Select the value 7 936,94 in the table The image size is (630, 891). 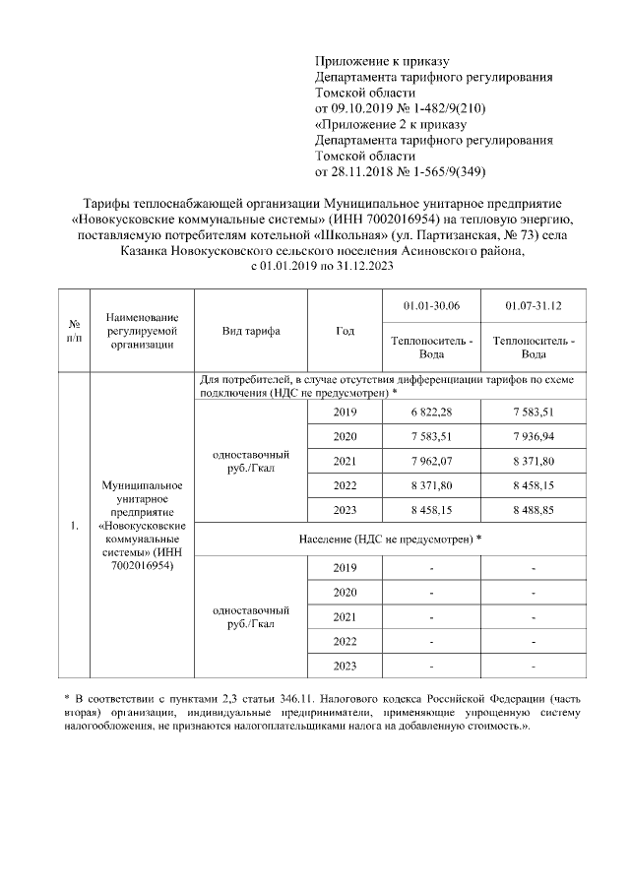533,436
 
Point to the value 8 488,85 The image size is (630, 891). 533,510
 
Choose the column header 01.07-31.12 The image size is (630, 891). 533,307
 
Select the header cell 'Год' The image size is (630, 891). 345,331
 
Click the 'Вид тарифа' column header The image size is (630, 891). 250,331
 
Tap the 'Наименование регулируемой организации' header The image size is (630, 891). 143,331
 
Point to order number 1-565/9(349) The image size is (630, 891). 446,171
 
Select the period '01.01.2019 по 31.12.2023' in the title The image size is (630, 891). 325,267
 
